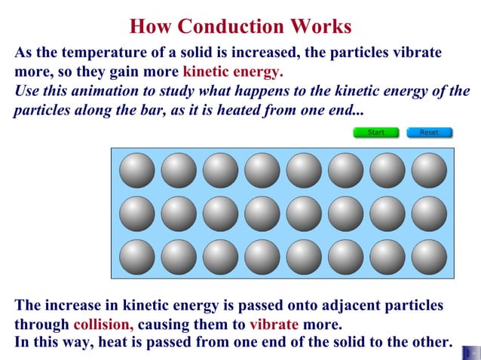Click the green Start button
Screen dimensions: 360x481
(x=375, y=133)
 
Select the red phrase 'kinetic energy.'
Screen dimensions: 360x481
(x=233, y=72)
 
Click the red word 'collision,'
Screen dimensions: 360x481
(x=103, y=325)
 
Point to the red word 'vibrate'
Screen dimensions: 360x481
(x=274, y=325)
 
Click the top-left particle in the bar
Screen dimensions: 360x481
(x=137, y=170)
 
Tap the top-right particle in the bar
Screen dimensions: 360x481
(x=429, y=170)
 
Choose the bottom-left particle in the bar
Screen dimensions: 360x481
(x=137, y=257)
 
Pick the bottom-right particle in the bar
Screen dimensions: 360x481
(x=429, y=257)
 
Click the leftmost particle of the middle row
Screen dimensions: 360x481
(x=137, y=214)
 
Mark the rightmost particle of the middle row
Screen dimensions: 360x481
(x=429, y=214)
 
